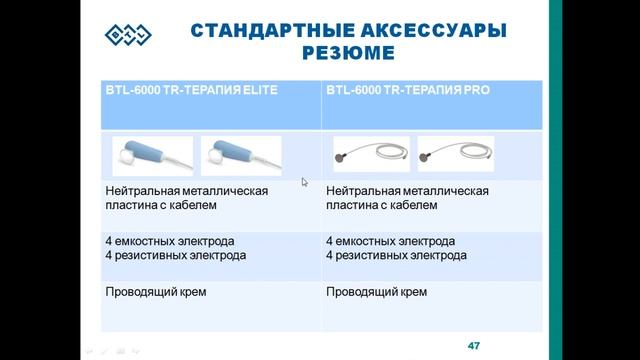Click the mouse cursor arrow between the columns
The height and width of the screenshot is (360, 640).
305,182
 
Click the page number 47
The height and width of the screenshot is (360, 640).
474,345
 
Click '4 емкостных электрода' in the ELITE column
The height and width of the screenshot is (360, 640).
169,241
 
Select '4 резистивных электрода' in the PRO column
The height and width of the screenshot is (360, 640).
395,255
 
